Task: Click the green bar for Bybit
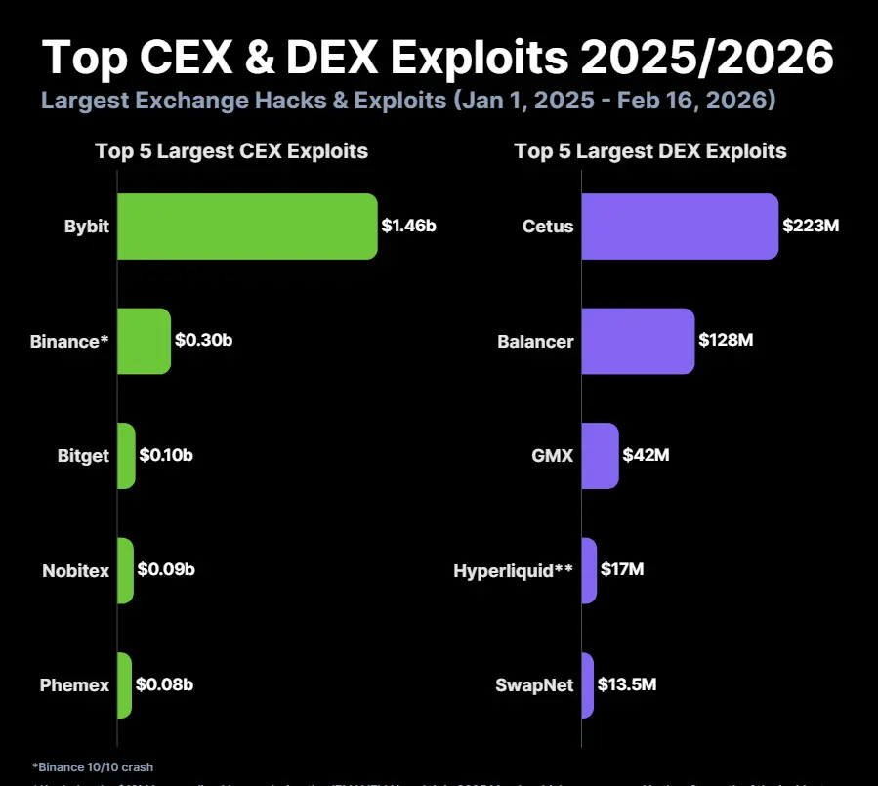click(x=247, y=227)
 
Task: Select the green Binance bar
click(x=144, y=341)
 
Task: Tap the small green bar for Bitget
click(x=126, y=456)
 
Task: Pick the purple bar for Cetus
click(x=680, y=227)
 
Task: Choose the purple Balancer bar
click(x=638, y=341)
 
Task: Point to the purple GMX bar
click(x=600, y=456)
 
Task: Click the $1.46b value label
click(x=408, y=227)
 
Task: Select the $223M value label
click(x=811, y=227)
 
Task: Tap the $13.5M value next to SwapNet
click(x=627, y=684)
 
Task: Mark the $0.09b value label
click(x=165, y=570)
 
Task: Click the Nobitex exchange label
click(x=75, y=571)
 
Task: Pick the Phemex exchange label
click(x=74, y=685)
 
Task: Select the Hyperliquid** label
click(x=513, y=571)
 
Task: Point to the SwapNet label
click(x=534, y=685)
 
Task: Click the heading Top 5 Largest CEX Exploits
click(x=231, y=151)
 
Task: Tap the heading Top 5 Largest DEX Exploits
click(x=650, y=151)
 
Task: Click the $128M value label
click(x=727, y=341)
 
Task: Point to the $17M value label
click(x=622, y=570)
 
